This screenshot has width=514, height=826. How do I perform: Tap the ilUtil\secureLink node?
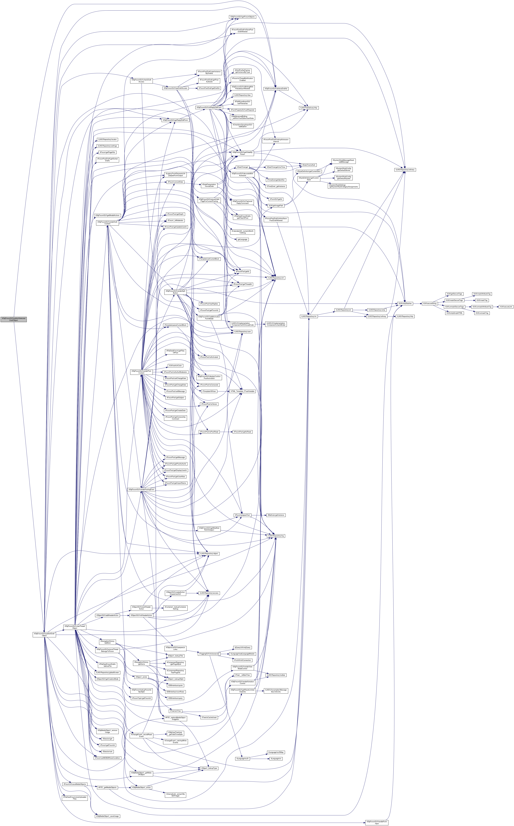506,307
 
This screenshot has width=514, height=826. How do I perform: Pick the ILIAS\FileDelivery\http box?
309,108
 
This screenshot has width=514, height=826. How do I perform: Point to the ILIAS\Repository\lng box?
276,536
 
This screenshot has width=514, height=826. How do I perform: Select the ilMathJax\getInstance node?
276,515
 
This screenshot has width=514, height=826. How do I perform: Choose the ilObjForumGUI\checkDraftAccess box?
141,80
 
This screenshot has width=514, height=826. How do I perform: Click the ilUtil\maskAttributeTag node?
482,294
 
